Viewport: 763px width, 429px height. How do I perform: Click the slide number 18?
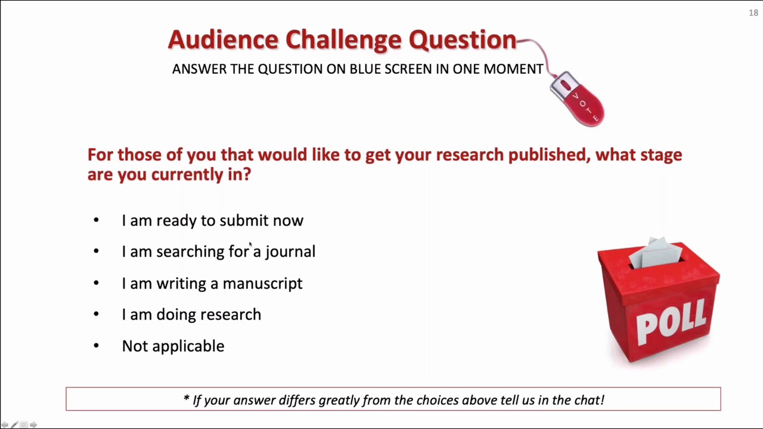pos(753,13)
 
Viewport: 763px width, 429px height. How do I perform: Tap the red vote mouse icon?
pos(578,100)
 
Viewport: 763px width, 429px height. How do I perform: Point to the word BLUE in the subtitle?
pos(365,69)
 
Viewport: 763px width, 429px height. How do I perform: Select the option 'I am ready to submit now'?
pos(212,220)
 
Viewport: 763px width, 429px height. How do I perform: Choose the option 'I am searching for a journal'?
pos(218,251)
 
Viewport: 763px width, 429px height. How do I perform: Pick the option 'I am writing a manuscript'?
pos(212,283)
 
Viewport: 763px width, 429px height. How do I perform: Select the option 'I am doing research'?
pos(191,315)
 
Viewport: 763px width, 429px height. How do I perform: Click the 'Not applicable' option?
pos(173,346)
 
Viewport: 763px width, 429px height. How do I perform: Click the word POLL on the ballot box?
pos(672,322)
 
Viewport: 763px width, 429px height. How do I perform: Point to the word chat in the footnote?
pos(590,400)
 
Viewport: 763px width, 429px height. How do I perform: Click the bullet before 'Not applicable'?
pos(96,346)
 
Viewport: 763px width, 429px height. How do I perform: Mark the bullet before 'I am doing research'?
pos(96,314)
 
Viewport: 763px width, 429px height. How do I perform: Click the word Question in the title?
pos(462,40)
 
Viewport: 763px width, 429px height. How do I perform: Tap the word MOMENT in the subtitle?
pos(513,69)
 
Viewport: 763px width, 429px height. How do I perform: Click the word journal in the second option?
pos(290,251)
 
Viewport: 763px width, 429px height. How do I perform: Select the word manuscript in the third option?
pos(262,283)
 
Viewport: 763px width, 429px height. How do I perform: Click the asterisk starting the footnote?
pos(187,399)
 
